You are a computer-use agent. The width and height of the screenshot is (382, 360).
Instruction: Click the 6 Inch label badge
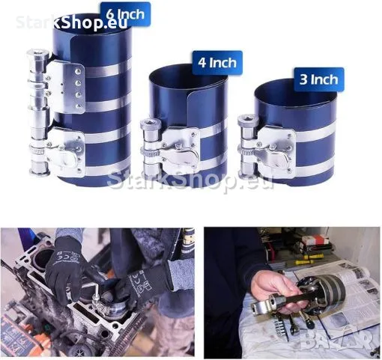coord(126,14)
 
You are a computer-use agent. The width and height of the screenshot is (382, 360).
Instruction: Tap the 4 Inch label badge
coord(217,62)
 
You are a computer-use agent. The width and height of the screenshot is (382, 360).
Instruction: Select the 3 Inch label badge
coord(319,79)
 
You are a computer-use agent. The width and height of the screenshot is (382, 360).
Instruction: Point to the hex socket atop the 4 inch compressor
coord(148,124)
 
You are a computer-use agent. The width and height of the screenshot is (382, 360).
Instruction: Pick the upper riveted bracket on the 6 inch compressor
coord(65,86)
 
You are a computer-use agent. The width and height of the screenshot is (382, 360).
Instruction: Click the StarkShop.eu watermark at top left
coord(72,22)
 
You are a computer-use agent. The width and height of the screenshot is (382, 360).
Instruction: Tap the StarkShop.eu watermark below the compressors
coord(190,179)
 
